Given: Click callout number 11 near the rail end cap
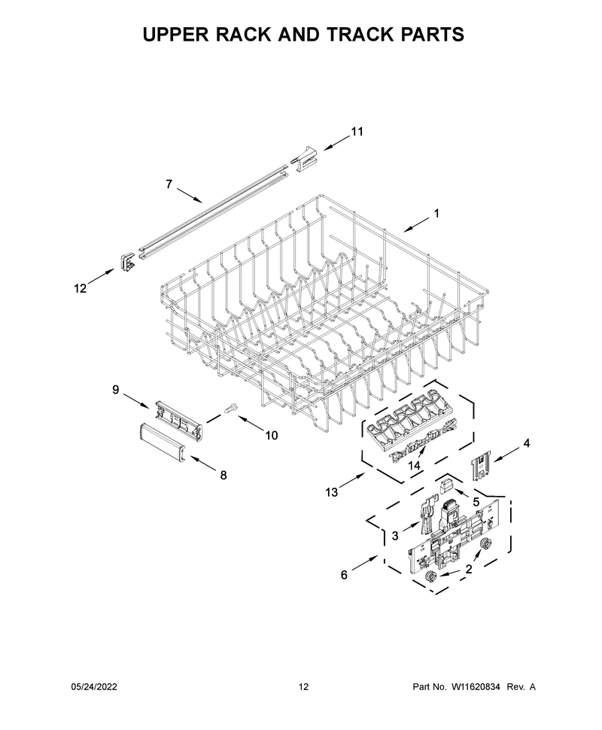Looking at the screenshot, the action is pyautogui.click(x=357, y=132).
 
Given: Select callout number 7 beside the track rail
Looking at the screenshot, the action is pyautogui.click(x=169, y=184).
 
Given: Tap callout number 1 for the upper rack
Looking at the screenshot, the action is pyautogui.click(x=436, y=214).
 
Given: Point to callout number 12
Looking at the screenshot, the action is pyautogui.click(x=80, y=289).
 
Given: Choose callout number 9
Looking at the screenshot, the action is pyautogui.click(x=116, y=390).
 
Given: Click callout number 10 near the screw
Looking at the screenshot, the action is pyautogui.click(x=271, y=435).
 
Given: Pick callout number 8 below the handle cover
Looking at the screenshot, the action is pyautogui.click(x=223, y=476).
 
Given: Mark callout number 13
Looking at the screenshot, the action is pyautogui.click(x=332, y=492).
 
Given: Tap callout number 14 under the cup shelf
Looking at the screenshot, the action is pyautogui.click(x=414, y=465).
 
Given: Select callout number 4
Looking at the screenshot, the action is pyautogui.click(x=526, y=444).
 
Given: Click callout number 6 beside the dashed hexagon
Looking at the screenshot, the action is pyautogui.click(x=344, y=575).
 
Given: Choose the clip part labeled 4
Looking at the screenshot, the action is pyautogui.click(x=479, y=467).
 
